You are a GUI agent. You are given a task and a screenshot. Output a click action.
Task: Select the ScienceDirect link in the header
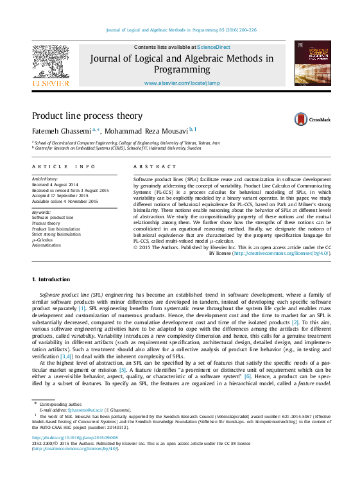(214, 48)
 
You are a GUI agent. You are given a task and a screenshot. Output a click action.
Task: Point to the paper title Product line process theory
(87, 116)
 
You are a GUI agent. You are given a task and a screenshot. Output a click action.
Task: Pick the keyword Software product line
(53, 218)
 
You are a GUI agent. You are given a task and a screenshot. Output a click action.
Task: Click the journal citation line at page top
(180, 29)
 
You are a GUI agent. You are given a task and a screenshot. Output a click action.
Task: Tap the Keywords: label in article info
(42, 212)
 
